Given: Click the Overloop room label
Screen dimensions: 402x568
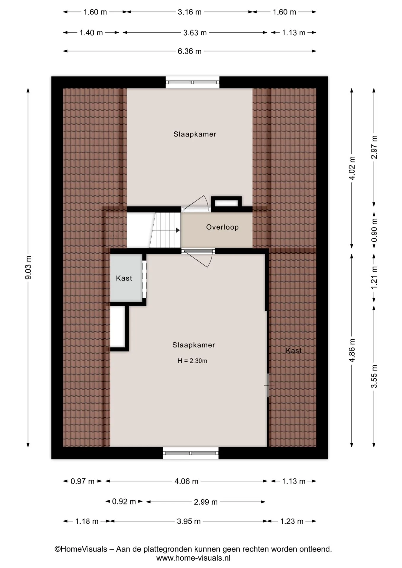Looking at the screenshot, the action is pos(222,227).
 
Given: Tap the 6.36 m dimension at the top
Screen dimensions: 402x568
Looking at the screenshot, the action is pos(189,51).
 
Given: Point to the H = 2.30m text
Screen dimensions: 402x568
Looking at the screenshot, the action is pos(192,361).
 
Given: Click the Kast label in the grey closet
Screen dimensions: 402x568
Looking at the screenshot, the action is pos(124,278).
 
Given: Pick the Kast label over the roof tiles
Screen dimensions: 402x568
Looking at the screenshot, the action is pos(294,351).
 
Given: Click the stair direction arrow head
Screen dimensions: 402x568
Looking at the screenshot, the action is pos(178,230).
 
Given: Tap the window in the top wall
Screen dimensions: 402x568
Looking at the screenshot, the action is pos(192,82).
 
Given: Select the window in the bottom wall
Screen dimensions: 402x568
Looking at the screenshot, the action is pos(191,453).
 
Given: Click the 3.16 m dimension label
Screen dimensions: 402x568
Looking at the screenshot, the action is pos(189,12).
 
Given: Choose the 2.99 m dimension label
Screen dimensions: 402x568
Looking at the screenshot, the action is pos(206,502).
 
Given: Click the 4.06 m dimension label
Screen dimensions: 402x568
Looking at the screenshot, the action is pos(186,481).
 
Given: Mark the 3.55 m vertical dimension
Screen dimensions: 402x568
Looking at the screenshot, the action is pos(374,376).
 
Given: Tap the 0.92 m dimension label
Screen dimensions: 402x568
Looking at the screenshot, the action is pos(124,501).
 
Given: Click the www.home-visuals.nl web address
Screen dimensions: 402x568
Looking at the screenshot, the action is pos(193,558).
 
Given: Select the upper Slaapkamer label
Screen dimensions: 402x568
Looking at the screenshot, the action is pos(195,134).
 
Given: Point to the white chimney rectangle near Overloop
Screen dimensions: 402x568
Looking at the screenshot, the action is pos(226,203).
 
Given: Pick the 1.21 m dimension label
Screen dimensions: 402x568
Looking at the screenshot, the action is pos(374,278).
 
